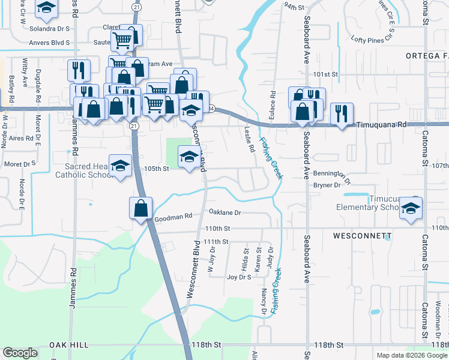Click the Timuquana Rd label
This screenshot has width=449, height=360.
(382, 125)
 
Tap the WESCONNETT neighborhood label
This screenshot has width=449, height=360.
(363, 236)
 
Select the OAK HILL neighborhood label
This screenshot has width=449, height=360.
(69, 345)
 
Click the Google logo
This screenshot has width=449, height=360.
(20, 353)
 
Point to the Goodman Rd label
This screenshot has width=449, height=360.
(173, 217)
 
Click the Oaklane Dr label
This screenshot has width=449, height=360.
(224, 212)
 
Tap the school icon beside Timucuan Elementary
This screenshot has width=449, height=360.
(412, 208)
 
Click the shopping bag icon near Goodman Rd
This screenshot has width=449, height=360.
(140, 208)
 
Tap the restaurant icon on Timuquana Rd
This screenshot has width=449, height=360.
(341, 113)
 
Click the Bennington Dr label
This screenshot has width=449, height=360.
(332, 175)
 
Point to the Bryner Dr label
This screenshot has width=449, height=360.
(327, 185)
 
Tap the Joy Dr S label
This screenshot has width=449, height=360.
(239, 277)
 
